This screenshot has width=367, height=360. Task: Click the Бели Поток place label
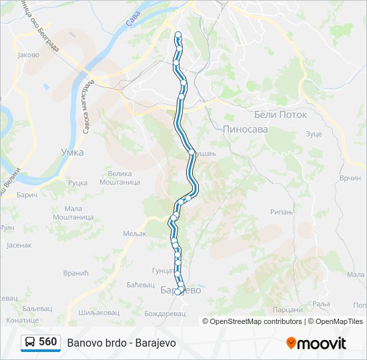coord(280,115)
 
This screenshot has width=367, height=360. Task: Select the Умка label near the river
coord(71,152)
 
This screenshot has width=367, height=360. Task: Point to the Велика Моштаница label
coord(119,177)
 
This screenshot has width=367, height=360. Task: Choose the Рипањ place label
coord(282,212)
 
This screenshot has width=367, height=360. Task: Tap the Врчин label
coord(350,178)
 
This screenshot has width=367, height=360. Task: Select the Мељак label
coord(134,233)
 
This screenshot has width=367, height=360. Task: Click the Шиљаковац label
coord(98,312)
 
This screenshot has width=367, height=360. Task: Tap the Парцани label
coord(288,310)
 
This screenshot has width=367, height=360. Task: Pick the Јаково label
coord(29,55)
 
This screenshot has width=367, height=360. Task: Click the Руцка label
coord(78,183)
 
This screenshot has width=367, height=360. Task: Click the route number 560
coord(47,342)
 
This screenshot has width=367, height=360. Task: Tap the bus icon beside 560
coord(30,343)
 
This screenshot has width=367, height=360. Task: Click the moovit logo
coord(316,343)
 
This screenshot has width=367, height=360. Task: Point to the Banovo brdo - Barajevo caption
coord(121,343)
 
